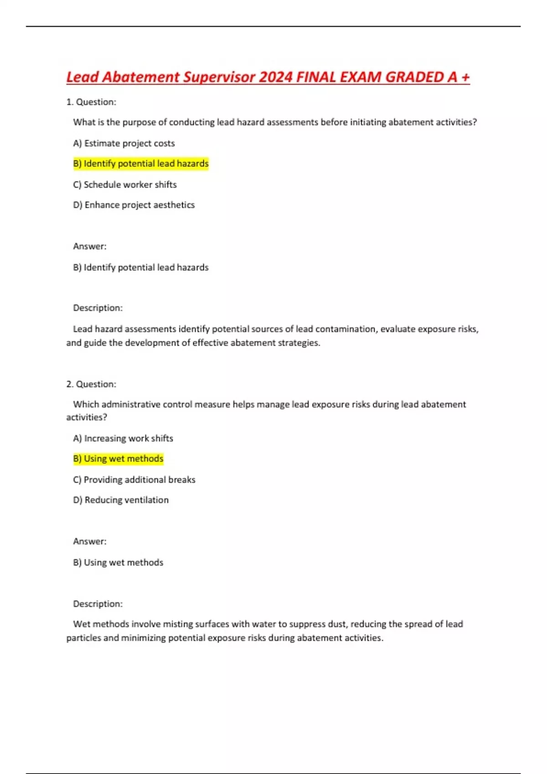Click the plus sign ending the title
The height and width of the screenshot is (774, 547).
465,77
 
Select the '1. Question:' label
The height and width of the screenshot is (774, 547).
91,102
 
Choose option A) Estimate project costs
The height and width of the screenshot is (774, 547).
124,143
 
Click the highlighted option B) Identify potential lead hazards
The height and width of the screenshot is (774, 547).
140,163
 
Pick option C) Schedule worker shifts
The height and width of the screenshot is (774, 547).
124,184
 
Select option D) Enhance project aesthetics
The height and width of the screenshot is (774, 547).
134,205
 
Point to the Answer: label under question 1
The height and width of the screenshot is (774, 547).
89,246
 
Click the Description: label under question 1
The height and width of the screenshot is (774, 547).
98,308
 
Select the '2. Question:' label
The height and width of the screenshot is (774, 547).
91,384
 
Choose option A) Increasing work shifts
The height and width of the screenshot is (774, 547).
123,438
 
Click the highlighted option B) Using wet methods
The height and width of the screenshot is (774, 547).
118,458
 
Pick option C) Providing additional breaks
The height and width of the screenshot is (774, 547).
134,479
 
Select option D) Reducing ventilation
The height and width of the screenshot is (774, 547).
121,500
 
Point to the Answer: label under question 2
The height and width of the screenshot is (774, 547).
89,541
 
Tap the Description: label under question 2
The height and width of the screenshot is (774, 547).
98,604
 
